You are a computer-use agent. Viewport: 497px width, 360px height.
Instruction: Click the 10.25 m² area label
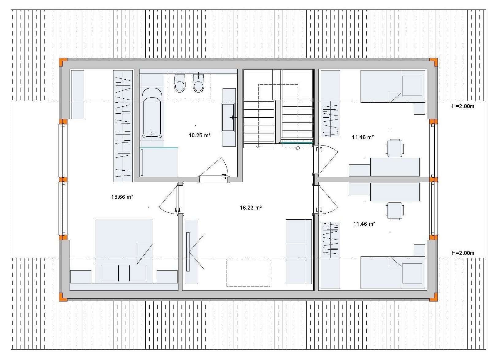point(200,135)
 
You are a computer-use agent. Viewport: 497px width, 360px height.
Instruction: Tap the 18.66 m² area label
point(122,197)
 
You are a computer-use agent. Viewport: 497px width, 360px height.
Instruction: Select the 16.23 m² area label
point(251,208)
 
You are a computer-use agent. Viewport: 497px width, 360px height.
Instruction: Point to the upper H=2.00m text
point(463,106)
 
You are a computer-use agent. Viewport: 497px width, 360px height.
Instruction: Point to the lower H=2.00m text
point(463,253)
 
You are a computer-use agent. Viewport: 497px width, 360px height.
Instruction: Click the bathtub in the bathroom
point(152,113)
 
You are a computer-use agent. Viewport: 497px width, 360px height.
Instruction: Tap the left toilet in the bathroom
point(179,83)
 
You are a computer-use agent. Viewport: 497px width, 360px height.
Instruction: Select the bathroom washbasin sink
point(228,117)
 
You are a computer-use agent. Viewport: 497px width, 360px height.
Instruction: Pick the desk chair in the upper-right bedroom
point(395,148)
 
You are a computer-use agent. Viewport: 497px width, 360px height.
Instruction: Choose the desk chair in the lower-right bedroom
point(395,211)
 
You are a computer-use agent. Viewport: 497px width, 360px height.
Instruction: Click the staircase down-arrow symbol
point(259,146)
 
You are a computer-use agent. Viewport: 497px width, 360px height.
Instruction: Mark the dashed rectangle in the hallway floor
point(248,272)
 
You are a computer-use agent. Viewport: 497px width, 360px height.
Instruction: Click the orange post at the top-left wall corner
point(63,62)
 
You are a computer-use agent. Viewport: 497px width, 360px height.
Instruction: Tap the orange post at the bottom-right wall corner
point(434,297)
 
